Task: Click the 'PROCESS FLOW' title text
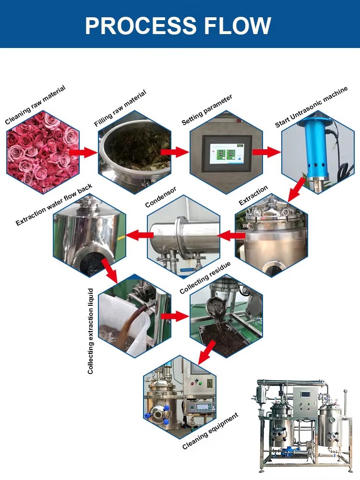[178, 25]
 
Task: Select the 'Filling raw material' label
[120, 108]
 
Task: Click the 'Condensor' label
[161, 197]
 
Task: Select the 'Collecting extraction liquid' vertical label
[90, 331]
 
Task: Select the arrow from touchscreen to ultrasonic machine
[266, 153]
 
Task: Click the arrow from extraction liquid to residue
[174, 316]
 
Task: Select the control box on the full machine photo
[305, 400]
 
